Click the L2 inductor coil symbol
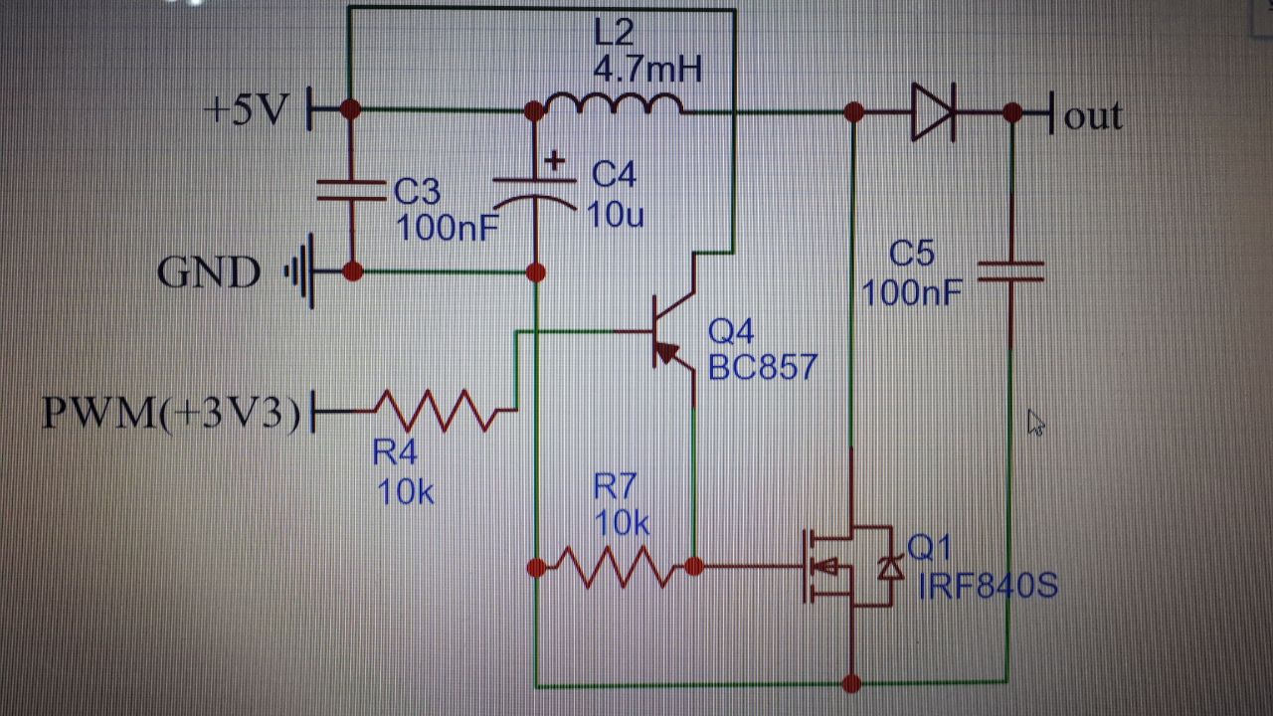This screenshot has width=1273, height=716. (x=614, y=104)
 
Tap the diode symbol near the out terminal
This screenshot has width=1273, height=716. (x=933, y=112)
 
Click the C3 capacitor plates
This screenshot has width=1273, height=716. (x=351, y=190)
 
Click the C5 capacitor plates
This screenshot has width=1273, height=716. (x=1011, y=271)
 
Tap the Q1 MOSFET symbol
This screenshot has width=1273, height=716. (x=850, y=566)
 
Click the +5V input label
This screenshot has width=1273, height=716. (x=249, y=108)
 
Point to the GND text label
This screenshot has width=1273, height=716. (x=209, y=272)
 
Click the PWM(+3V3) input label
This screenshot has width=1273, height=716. (x=171, y=412)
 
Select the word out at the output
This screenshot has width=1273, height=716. (x=1093, y=116)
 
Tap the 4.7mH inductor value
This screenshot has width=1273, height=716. (x=647, y=70)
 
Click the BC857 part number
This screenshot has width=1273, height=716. (x=763, y=367)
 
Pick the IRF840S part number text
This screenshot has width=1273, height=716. (x=988, y=586)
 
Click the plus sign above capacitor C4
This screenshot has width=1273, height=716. (x=555, y=161)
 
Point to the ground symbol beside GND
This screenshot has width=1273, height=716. (x=300, y=271)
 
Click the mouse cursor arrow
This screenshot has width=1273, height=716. (x=1035, y=423)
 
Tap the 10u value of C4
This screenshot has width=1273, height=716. (x=616, y=215)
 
